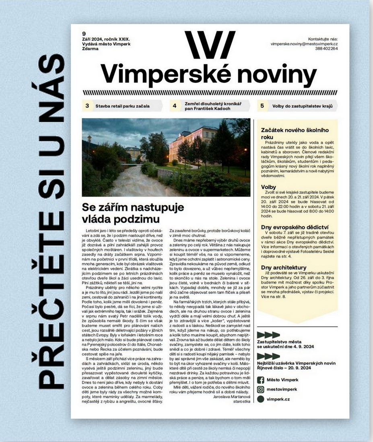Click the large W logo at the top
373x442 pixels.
point(209,45)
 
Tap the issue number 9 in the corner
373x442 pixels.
point(84,33)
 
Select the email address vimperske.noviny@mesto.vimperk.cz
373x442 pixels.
point(304,43)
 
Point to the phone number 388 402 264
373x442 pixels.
point(327,48)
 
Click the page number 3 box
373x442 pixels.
point(87,106)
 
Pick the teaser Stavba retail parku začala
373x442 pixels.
point(122,106)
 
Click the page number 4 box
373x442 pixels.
point(175,106)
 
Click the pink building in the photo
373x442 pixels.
point(192,143)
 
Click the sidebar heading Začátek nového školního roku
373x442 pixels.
point(295,133)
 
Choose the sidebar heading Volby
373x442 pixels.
point(268,187)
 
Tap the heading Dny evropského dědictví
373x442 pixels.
point(295,227)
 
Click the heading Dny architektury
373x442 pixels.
point(284,267)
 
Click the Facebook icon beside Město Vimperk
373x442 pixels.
point(261,380)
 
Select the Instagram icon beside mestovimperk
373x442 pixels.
point(261,389)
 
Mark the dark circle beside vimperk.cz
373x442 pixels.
point(261,399)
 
